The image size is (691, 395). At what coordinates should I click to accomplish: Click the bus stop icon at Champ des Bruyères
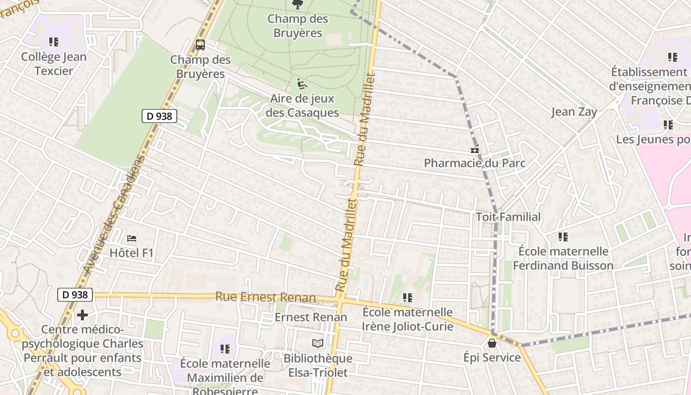coord(200,45)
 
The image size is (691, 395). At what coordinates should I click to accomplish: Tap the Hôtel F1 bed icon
coord(131,238)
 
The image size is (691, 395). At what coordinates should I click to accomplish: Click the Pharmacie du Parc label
coord(474,163)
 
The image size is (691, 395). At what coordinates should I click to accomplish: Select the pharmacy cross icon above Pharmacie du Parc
coord(475,149)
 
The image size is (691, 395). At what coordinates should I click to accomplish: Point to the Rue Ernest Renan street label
coord(265,297)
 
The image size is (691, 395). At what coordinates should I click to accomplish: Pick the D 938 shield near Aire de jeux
coord(159,116)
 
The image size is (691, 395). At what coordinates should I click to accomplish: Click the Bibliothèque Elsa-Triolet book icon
coord(318,343)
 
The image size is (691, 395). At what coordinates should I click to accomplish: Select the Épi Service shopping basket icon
coord(492,343)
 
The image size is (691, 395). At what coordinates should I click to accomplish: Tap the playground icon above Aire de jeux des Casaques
coord(302,84)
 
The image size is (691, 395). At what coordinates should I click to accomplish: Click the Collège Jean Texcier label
coord(54,64)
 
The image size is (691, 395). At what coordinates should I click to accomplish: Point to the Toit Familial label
coord(508,217)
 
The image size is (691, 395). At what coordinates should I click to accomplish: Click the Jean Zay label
coord(574,112)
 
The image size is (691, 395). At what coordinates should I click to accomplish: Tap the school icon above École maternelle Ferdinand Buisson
coord(563,237)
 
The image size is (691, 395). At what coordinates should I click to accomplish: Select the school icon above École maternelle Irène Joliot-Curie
coord(407,298)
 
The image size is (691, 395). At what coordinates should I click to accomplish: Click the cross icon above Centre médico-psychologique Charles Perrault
coord(82,315)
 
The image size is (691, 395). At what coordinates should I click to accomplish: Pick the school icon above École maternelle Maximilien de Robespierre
coord(225,349)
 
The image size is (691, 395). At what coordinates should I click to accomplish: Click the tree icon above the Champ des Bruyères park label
coord(298,4)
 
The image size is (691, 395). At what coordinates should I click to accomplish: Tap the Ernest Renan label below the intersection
coord(311,317)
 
